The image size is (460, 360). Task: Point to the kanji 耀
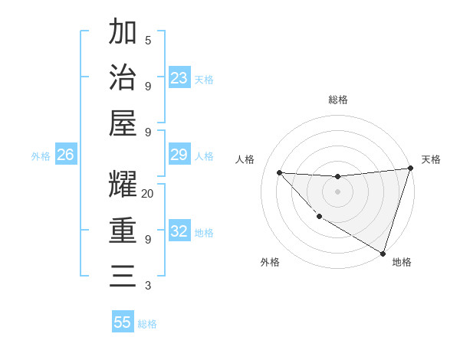click(x=123, y=185)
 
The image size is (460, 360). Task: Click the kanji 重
click(x=123, y=231)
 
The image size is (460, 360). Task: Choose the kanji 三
click(x=123, y=276)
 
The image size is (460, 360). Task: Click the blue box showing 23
click(x=179, y=78)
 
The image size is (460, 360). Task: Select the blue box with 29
click(x=179, y=155)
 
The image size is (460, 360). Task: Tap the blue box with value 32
click(x=179, y=232)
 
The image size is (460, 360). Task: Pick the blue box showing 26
click(x=66, y=155)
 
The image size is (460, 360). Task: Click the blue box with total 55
click(x=123, y=322)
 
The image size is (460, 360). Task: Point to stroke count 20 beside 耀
click(x=148, y=194)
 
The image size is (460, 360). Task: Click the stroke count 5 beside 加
click(x=148, y=40)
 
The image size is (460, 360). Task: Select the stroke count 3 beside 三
click(x=148, y=286)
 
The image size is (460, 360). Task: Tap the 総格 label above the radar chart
click(x=337, y=100)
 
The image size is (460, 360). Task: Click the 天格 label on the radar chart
click(x=431, y=159)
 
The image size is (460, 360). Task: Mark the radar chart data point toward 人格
click(x=280, y=172)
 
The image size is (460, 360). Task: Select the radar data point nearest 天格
click(x=410, y=168)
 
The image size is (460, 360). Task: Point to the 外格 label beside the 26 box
click(x=41, y=156)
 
